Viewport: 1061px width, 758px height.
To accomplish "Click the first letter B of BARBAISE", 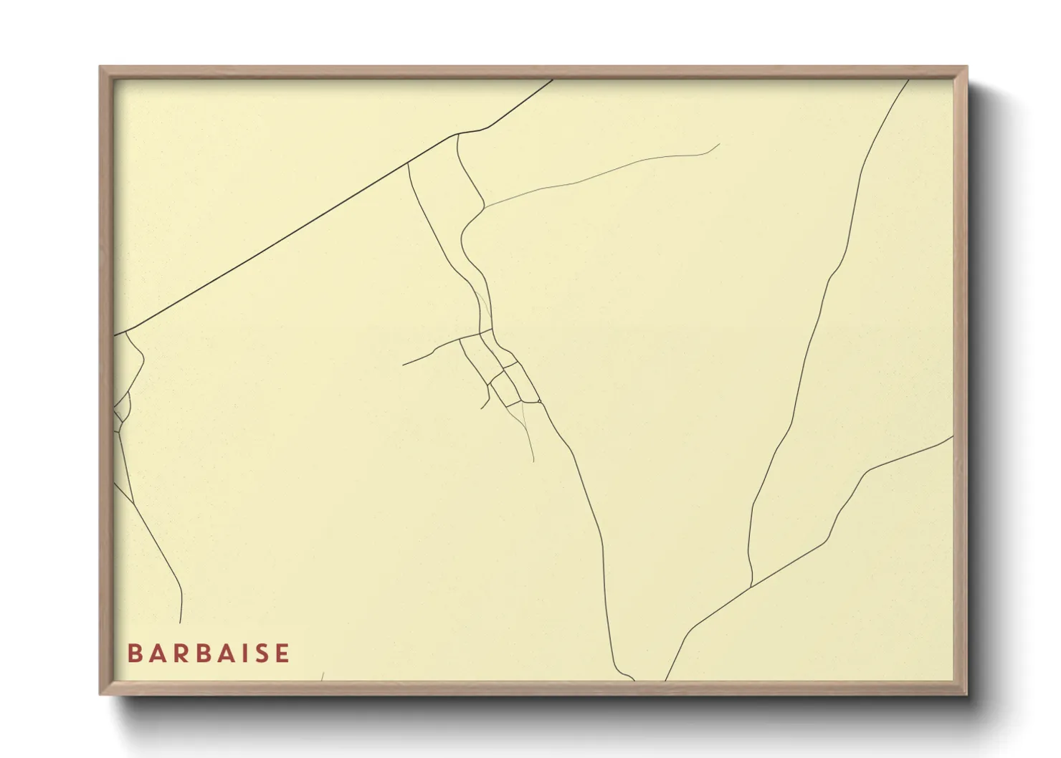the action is pos(134,653).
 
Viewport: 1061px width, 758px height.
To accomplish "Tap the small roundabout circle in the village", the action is pos(539,402).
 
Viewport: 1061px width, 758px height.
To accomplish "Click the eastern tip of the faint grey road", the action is pos(719,144).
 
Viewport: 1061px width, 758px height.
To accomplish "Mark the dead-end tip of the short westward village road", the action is pos(403,365).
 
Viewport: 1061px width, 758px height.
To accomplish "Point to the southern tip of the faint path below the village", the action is pos(534,461).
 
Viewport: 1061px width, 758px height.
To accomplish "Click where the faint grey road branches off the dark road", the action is pos(485,207).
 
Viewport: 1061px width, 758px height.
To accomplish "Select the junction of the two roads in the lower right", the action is pos(751,587).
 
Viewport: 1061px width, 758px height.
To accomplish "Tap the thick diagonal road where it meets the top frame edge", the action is pos(553,80).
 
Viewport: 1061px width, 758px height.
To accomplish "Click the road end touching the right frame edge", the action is pos(953,436).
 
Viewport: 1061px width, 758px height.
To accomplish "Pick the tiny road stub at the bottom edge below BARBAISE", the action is pos(323,677).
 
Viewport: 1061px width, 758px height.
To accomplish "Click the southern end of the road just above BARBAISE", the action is pos(180,623).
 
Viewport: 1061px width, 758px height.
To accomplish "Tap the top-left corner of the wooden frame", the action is pos(100,67).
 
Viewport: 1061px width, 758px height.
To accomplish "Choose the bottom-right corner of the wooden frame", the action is pos(966,694).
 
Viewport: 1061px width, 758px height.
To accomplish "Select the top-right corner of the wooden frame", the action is pos(966,67).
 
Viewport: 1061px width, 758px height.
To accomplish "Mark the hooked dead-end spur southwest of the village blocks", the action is pos(482,408).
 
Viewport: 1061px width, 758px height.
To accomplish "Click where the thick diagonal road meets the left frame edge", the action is pos(115,335).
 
